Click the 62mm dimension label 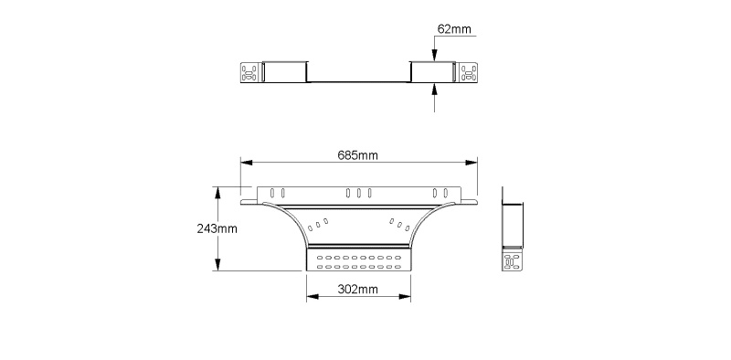coord(454,29)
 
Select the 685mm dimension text coord(357,155)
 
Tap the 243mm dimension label coord(217,229)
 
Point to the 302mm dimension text coord(357,290)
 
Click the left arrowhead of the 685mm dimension coord(246,163)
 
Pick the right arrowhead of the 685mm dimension coord(471,163)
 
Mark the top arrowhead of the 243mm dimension coord(217,193)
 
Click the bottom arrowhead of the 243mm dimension coord(217,265)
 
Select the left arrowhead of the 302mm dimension coord(313,297)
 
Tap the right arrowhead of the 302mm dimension coord(405,297)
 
